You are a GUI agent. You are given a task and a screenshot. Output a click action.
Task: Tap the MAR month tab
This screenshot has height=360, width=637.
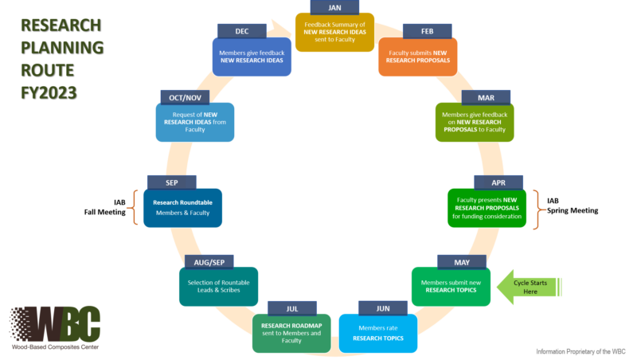click(x=485, y=97)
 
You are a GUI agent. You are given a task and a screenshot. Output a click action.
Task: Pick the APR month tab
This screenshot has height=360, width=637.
click(x=499, y=182)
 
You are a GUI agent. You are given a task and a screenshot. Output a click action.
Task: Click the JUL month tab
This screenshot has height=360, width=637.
click(x=292, y=307)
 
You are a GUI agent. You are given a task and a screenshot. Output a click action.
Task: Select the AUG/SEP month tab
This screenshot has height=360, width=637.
click(x=209, y=260)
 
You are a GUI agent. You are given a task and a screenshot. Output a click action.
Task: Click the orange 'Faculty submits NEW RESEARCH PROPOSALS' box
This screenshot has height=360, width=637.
click(x=417, y=56)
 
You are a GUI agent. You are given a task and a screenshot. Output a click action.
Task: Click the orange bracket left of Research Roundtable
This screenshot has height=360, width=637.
click(x=130, y=208)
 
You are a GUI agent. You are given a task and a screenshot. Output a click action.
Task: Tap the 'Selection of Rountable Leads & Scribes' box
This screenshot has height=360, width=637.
click(x=219, y=288)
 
